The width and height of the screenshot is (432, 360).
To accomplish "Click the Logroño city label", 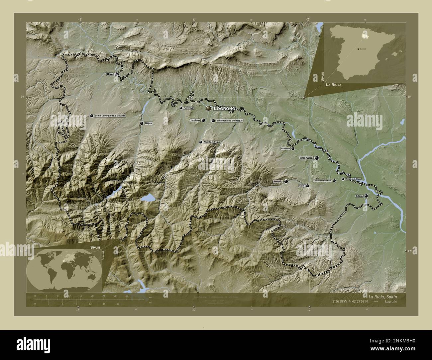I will (225, 109).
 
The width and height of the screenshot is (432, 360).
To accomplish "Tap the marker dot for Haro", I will (116, 74).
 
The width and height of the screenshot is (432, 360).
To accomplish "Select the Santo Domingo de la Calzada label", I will (110, 116).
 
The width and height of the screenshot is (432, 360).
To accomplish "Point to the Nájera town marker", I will (142, 123).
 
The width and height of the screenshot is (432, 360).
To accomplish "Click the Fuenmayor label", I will (188, 108).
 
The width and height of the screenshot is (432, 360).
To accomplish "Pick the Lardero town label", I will (195, 120).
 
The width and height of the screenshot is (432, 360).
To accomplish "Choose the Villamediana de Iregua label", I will (229, 121).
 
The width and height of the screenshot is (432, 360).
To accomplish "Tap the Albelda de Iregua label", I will (212, 142).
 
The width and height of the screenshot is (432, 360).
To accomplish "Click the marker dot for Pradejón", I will (293, 148).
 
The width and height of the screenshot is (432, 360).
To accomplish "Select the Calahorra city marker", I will (317, 158).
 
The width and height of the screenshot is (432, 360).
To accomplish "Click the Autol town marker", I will (307, 186).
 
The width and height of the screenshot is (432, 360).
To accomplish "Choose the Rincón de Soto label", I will (353, 179).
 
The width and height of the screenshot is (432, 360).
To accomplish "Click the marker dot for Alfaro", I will (366, 196).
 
